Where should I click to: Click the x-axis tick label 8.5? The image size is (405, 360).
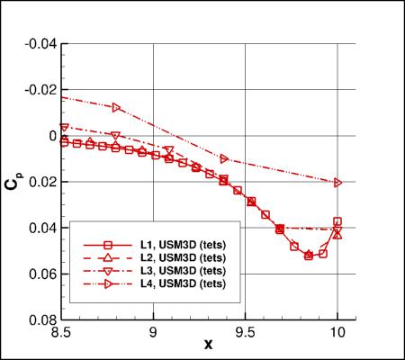61,331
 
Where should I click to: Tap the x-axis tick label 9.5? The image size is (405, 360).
245,331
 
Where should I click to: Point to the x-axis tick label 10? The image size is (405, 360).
337,331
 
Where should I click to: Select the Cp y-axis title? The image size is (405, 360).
13,181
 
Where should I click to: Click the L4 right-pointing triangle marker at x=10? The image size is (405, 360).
338,182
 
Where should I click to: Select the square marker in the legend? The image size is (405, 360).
106,245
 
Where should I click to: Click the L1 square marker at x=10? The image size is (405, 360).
337,221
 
